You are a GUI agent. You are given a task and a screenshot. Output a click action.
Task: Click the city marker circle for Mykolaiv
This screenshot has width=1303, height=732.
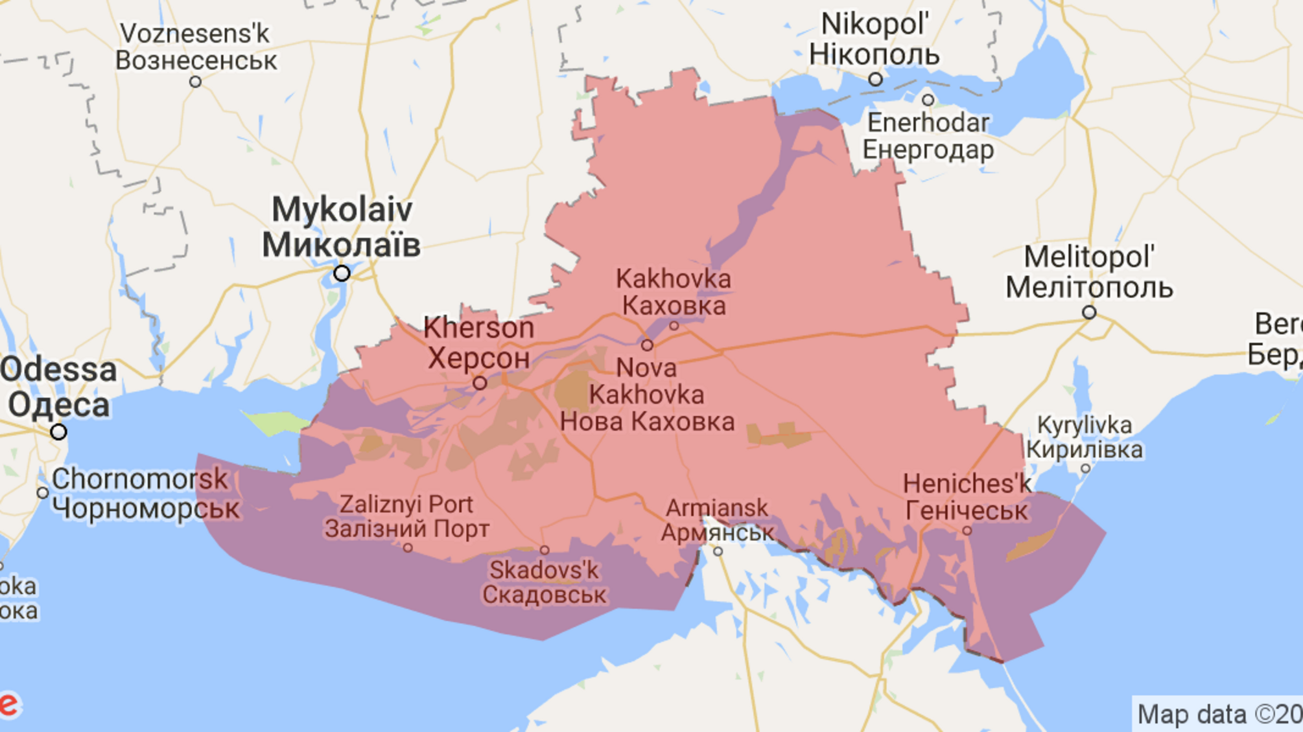coord(342,273)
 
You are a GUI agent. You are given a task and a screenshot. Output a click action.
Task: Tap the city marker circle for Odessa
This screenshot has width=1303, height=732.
coord(58,431)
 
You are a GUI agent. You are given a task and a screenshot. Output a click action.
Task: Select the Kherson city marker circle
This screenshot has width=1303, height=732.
coord(480,383)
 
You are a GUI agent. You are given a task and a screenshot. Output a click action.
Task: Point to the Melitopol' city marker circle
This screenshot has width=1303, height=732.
coord(1089,313)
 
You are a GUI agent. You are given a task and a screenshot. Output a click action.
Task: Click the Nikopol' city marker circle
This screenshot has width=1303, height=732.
coord(875,80)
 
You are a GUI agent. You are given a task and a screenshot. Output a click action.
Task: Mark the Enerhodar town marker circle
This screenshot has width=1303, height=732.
coord(928,100)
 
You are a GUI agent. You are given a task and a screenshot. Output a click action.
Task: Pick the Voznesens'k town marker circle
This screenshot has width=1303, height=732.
coord(195,82)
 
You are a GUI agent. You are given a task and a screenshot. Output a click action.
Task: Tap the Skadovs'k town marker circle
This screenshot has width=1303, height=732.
coord(545,551)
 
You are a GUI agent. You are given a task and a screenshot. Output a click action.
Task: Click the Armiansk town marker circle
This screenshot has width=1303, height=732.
coord(718,551)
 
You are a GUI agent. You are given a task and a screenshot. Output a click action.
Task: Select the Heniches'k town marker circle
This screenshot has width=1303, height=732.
coord(967,531)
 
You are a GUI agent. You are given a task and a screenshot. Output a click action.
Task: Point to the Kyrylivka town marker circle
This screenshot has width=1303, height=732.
coord(1085,468)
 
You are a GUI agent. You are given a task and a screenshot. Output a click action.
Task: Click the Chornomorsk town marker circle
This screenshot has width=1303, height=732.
coord(43,493)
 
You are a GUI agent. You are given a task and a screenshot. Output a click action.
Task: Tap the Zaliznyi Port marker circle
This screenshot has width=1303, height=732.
coord(408,548)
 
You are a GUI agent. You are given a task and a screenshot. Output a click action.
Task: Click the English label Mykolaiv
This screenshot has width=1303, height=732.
coord(342,210)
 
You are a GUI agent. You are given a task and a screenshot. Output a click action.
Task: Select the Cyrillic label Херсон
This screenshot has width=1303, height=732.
coord(478,358)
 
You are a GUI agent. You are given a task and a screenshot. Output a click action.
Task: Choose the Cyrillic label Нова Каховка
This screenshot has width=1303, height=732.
coord(647,422)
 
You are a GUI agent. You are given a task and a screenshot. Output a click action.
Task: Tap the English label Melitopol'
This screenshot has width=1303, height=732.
coord(1089,257)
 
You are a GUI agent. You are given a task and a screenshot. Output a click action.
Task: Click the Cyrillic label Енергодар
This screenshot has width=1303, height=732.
coord(928,150)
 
